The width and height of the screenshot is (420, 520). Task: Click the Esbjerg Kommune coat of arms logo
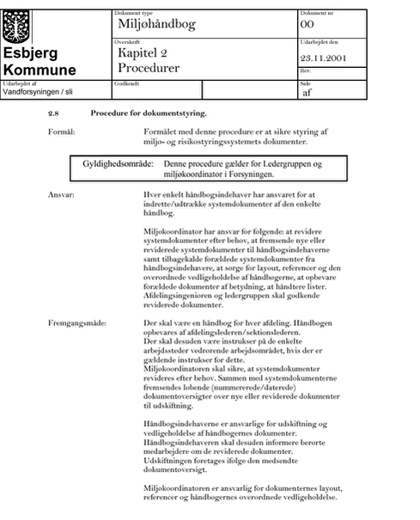[x=16, y=27]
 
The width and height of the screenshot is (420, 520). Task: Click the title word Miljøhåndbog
[x=157, y=24]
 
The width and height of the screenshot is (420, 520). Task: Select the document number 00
[x=307, y=24]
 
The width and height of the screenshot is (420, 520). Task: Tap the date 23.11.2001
[x=323, y=58]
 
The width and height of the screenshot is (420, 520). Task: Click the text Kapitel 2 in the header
[x=143, y=52]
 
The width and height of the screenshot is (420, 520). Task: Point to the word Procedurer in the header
[x=149, y=68]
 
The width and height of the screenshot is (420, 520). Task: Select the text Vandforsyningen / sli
[x=38, y=92]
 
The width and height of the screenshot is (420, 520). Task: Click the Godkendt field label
[x=126, y=83]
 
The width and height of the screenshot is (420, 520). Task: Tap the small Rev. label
[x=306, y=70]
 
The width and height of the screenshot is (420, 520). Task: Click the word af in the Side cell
[x=307, y=93]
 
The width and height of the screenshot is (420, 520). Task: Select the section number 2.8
[x=53, y=113]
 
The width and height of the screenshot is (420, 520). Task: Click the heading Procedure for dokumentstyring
[x=149, y=113]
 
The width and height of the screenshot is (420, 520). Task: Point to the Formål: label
[x=62, y=132]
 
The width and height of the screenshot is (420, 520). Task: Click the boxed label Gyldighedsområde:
[x=118, y=164]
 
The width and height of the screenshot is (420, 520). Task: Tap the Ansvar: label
[x=61, y=194]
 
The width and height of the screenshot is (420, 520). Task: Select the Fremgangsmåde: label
[x=77, y=323]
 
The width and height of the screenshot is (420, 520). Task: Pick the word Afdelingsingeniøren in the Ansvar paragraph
[x=178, y=296]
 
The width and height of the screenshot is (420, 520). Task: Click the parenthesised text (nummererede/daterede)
[x=253, y=388]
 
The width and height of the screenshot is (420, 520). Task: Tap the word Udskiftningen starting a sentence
[x=167, y=461]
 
